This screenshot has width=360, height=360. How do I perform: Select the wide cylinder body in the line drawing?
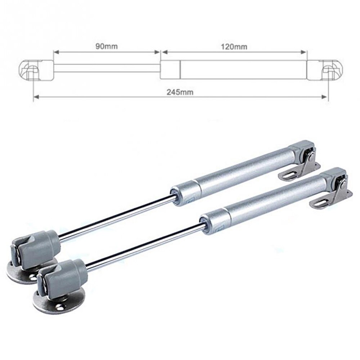234,69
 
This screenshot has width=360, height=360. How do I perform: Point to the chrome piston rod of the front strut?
144,245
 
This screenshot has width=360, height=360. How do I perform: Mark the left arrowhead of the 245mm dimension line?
35,96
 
